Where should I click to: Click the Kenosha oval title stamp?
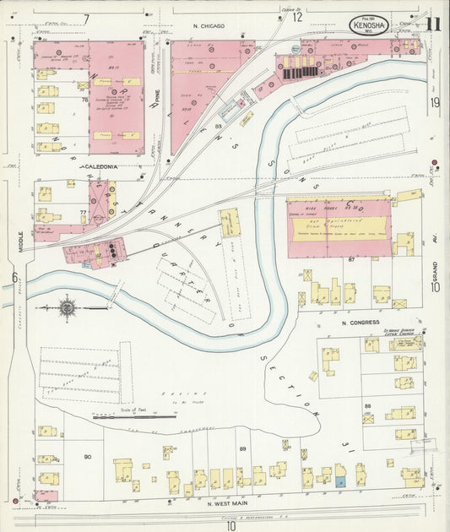click(369, 25)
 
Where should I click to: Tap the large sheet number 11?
click(432, 23)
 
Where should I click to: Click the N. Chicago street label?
click(208, 27)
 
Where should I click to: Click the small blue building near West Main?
click(340, 480)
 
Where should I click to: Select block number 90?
click(87, 456)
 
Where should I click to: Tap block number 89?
click(243, 448)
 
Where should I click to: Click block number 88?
click(367, 406)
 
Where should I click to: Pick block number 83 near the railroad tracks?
click(218, 127)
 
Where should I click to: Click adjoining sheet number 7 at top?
click(86, 18)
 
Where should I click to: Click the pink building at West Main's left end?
click(47, 496)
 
